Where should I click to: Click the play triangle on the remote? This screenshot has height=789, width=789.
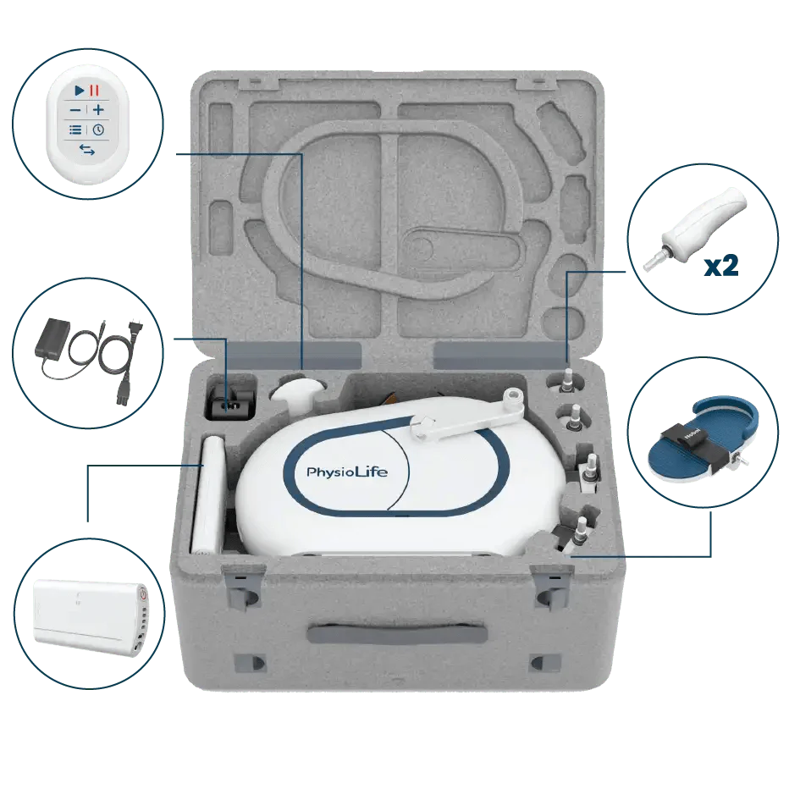point(79,90)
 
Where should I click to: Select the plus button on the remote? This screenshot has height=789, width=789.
point(98,110)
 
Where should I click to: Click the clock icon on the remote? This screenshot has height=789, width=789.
point(98,130)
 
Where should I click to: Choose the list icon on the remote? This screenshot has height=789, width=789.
point(76,130)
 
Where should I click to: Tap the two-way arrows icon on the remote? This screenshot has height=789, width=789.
point(87,150)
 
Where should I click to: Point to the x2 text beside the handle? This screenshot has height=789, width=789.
point(721,266)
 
